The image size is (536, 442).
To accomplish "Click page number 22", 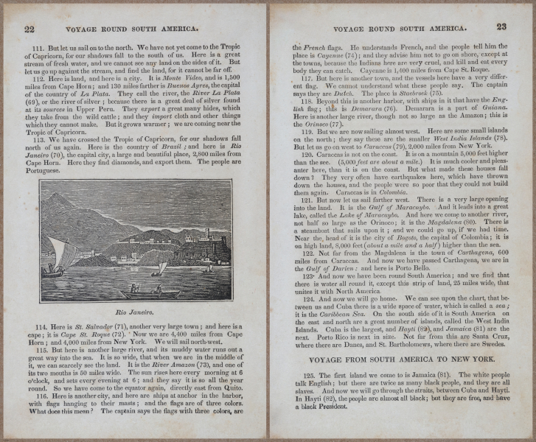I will click(x=30, y=29).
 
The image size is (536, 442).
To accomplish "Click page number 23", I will click(x=502, y=27).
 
